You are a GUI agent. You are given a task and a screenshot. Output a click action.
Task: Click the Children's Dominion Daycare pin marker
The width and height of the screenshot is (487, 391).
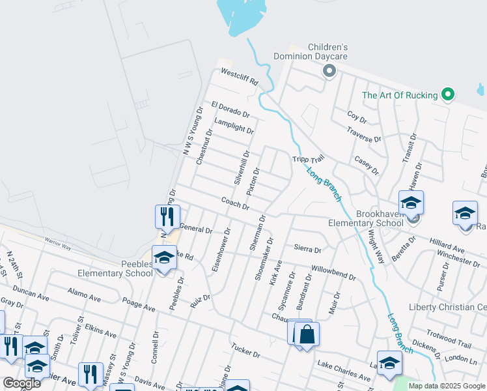tap(329, 71)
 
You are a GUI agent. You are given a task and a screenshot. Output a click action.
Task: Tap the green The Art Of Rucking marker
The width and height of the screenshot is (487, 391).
tap(447, 95)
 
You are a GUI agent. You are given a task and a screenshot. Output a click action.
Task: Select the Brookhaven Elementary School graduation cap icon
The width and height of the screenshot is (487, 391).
tap(411, 203)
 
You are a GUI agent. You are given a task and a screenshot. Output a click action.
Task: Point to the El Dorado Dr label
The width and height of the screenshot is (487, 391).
tap(230, 109)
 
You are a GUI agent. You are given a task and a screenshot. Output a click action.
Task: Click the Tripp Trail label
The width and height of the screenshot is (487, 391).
tap(308, 159)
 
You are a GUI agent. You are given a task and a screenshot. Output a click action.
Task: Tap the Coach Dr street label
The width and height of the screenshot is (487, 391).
tap(235, 204)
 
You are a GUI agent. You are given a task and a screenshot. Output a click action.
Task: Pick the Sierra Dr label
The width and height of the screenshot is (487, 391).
tap(308, 248)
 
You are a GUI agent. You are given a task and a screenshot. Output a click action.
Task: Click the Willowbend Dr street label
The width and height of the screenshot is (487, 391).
tap(333, 272)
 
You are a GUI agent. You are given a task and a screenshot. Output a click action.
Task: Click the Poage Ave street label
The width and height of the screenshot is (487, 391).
tap(139, 304)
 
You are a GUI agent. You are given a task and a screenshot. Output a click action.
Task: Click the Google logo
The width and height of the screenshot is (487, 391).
tap(21, 383)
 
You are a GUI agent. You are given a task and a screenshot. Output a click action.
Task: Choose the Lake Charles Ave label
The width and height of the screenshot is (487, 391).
tap(344, 370)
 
